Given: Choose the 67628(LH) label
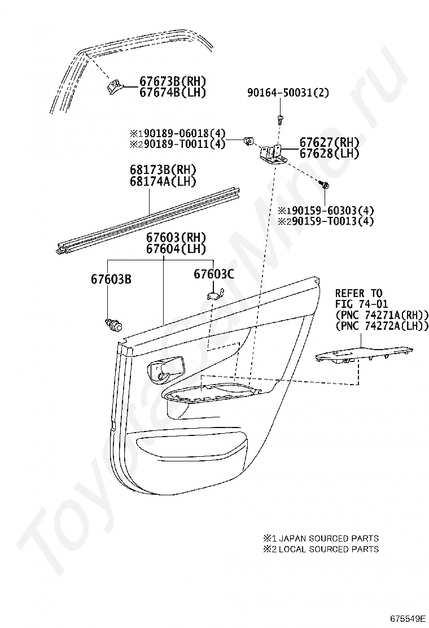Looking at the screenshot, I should point(329,154).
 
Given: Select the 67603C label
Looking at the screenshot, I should point(213,274).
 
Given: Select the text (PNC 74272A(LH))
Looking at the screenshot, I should point(382,326).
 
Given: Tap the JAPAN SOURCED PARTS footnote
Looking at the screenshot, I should point(321,538).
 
